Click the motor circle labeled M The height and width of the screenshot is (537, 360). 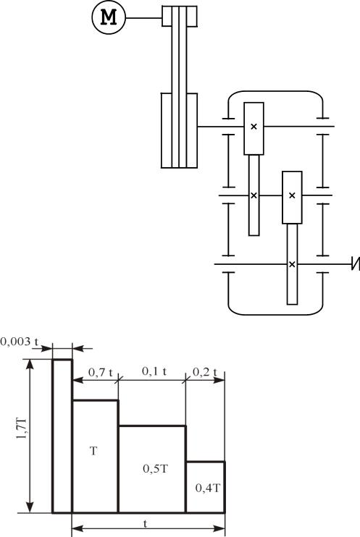[109, 17]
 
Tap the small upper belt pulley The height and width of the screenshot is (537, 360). [180, 16]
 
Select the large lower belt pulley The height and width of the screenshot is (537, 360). [180, 130]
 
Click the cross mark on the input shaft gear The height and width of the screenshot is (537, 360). [254, 127]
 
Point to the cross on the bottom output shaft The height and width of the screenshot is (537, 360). [292, 264]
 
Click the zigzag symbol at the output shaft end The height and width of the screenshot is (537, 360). [356, 264]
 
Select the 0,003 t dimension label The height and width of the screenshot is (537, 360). [20, 342]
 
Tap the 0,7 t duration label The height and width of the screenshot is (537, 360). [101, 372]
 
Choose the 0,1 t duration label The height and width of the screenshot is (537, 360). [154, 371]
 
